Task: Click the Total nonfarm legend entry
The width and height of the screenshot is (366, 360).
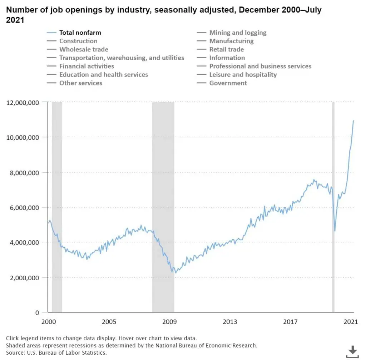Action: pyautogui.click(x=74, y=33)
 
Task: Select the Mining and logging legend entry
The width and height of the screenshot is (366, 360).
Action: pyautogui.click(x=232, y=33)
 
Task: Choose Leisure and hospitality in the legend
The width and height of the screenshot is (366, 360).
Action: pyautogui.click(x=237, y=75)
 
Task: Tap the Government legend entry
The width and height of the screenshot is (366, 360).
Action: pyautogui.click(x=222, y=83)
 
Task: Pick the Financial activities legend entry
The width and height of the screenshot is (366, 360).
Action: pyautogui.click(x=80, y=66)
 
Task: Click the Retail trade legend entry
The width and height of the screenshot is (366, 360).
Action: pyautogui.click(x=220, y=49)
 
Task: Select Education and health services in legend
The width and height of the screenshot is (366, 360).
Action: pyautogui.click(x=97, y=75)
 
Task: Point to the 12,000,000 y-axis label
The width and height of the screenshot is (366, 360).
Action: pyautogui.click(x=23, y=103)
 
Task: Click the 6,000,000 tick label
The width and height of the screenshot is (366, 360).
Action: pyautogui.click(x=24, y=208)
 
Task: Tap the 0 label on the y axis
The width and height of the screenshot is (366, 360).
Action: pyautogui.click(x=37, y=313)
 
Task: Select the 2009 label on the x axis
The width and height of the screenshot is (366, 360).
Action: pyautogui.click(x=169, y=322)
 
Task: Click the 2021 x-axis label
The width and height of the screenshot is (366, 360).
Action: pyautogui.click(x=351, y=322)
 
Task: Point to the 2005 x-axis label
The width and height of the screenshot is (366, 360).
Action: pyautogui.click(x=109, y=322)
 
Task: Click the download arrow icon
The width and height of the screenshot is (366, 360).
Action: pyautogui.click(x=352, y=351)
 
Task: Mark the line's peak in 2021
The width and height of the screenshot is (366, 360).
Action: pyautogui.click(x=353, y=121)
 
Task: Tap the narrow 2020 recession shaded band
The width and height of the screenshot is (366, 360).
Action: pyautogui.click(x=333, y=207)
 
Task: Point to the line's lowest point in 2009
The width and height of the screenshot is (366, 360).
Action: pyautogui.click(x=175, y=273)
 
